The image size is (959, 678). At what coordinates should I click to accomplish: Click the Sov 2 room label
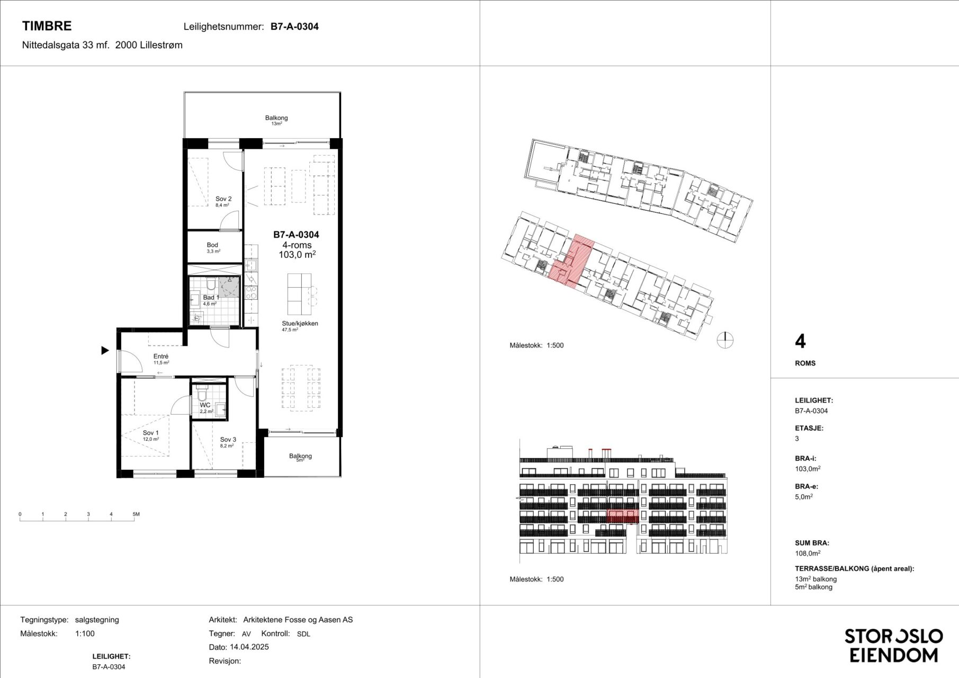[223, 199]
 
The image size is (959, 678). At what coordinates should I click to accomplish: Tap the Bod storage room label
[212, 245]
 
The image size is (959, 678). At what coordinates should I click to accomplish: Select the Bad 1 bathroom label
[211, 298]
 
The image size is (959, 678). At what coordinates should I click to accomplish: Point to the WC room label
[205, 405]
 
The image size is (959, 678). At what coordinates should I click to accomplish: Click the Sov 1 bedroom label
[150, 433]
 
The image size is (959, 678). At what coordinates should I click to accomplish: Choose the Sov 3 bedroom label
[228, 440]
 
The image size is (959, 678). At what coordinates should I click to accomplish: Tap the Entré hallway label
[161, 356]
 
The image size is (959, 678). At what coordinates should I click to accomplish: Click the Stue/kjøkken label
[300, 323]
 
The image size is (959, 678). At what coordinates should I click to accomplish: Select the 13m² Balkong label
[276, 118]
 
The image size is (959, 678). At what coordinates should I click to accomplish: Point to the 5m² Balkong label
[300, 456]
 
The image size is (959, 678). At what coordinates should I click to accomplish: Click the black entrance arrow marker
[105, 350]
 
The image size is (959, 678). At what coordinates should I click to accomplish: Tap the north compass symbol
[725, 340]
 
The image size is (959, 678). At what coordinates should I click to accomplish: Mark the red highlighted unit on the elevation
[623, 516]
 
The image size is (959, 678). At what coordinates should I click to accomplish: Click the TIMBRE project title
[47, 26]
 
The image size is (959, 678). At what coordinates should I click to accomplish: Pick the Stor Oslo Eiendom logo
[893, 645]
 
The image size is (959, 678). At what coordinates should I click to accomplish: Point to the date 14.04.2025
[249, 647]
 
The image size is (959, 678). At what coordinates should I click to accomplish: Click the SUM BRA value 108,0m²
[808, 553]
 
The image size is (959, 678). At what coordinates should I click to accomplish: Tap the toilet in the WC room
[201, 395]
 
